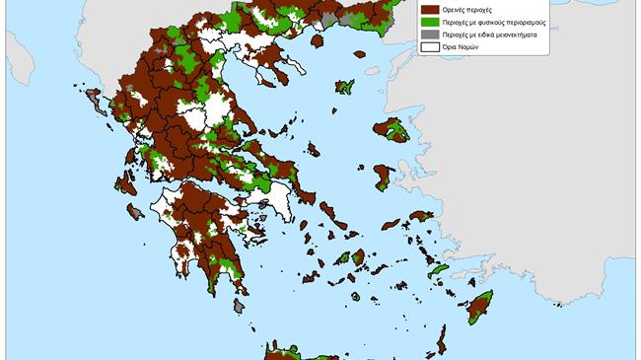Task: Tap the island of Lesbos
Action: coord(392,131)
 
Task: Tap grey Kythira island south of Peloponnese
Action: coord(240,306)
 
